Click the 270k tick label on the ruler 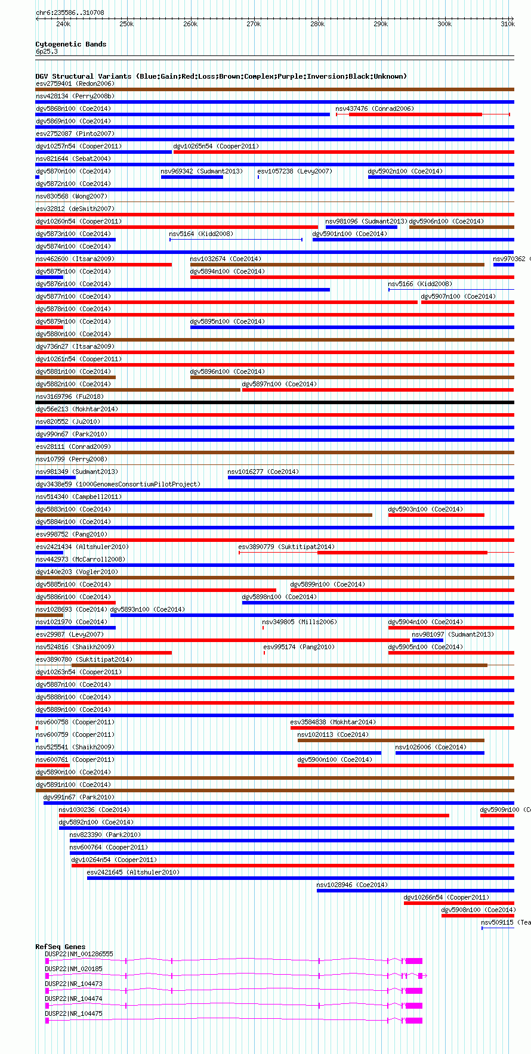click(x=254, y=24)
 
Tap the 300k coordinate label click(x=444, y=24)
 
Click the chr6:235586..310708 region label click(x=69, y=13)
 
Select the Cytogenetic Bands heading click(x=70, y=44)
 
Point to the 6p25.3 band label click(x=47, y=52)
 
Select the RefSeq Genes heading click(x=60, y=947)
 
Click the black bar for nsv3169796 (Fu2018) click(x=274, y=402)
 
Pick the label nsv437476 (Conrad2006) click(x=374, y=108)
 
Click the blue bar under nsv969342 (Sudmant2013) click(x=192, y=177)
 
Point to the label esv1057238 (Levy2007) click(x=295, y=171)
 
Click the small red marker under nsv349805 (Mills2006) click(x=263, y=628)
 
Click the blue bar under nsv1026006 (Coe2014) click(x=440, y=753)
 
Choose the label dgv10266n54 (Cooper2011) click(x=446, y=897)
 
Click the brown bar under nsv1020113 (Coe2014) click(x=391, y=740)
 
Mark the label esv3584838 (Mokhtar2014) click(x=333, y=722)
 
